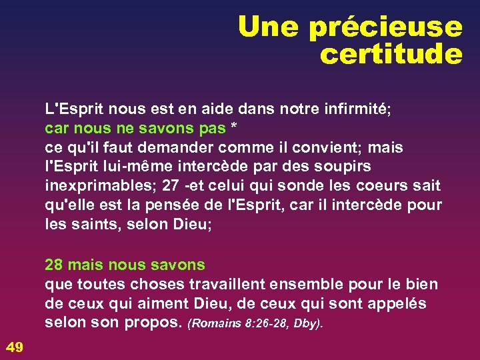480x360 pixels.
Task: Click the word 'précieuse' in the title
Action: [385, 27]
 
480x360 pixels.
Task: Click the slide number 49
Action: [14, 345]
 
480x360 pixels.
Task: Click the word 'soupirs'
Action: [343, 165]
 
